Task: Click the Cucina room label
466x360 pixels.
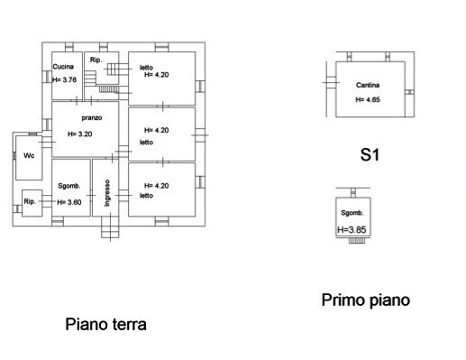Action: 63,67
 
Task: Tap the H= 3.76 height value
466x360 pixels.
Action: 64,79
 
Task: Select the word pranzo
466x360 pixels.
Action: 92,118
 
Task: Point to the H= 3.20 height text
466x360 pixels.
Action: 80,134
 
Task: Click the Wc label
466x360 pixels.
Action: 29,155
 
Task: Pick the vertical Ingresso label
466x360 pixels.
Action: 107,193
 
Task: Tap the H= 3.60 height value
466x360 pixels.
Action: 69,202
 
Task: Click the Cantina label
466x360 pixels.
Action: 368,85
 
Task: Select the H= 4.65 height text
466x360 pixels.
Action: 368,99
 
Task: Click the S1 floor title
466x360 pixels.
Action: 370,155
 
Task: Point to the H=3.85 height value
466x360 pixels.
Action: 352,230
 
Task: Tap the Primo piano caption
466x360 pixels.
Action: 366,300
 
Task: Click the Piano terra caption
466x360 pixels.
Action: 105,324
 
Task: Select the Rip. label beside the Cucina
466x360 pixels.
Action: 96,60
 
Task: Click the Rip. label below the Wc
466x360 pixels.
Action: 30,201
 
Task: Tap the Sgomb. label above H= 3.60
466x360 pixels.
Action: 69,186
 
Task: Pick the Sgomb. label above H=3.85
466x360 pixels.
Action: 352,213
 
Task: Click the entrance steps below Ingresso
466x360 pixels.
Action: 110,227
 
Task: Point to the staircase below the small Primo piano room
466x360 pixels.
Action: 357,241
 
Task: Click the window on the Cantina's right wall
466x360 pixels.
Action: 410,92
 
